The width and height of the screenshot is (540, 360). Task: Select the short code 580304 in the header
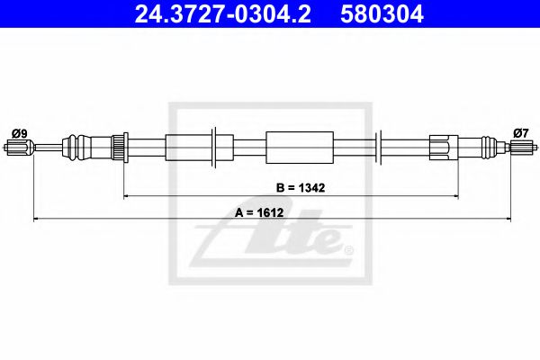click(x=381, y=14)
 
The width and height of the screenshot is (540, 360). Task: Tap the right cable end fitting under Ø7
click(x=519, y=147)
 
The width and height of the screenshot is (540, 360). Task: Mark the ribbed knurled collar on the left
click(x=116, y=146)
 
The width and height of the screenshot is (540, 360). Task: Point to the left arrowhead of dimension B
click(x=126, y=195)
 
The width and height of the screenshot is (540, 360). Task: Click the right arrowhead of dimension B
click(x=456, y=195)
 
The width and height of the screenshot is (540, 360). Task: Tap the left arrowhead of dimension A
click(x=35, y=218)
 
